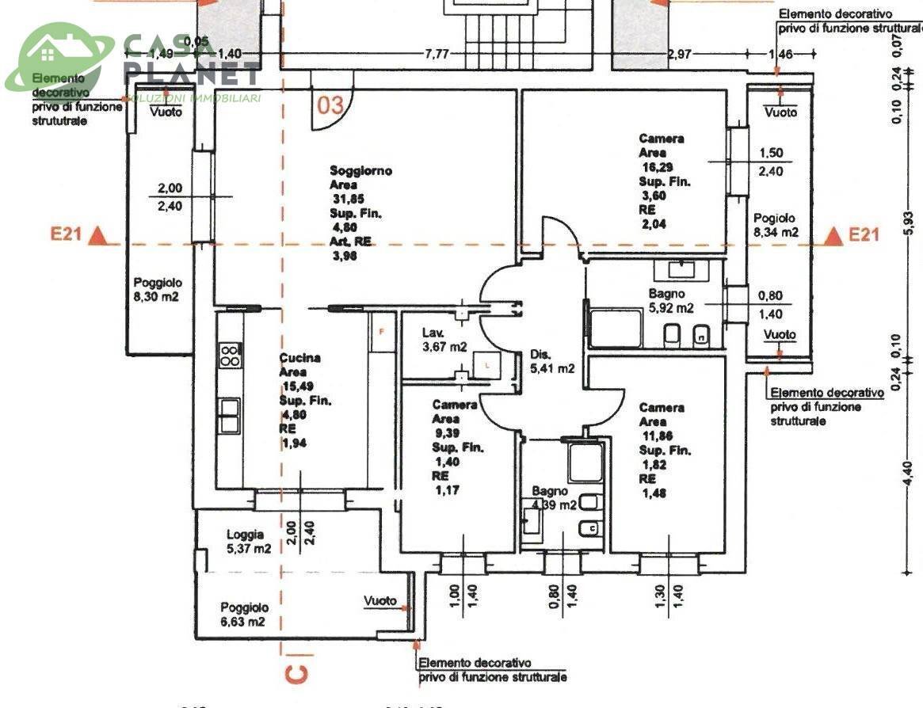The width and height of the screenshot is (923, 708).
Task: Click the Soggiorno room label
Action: pyautogui.click(x=360, y=170)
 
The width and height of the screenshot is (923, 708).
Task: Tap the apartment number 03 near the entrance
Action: pyautogui.click(x=331, y=105)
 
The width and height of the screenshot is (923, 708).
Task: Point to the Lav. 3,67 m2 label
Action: pyautogui.click(x=444, y=340)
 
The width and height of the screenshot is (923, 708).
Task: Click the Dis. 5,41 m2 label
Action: pyautogui.click(x=551, y=361)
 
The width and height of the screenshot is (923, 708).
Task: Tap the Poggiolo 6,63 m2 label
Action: pyautogui.click(x=244, y=615)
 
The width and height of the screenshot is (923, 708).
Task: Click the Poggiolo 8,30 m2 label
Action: pyautogui.click(x=157, y=289)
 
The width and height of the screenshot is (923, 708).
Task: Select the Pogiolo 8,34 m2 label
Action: pyautogui.click(x=775, y=225)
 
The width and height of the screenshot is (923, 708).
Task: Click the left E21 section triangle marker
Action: pyautogui.click(x=97, y=235)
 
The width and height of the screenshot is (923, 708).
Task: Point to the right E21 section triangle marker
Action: pyautogui.click(x=833, y=235)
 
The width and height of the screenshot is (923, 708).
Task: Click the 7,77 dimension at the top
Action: pyautogui.click(x=437, y=54)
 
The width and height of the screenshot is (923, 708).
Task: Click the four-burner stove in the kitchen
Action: pyautogui.click(x=230, y=355)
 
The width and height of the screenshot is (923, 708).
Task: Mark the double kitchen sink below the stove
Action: pyautogui.click(x=230, y=415)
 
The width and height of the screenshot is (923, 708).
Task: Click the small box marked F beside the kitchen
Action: pyautogui.click(x=381, y=331)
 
